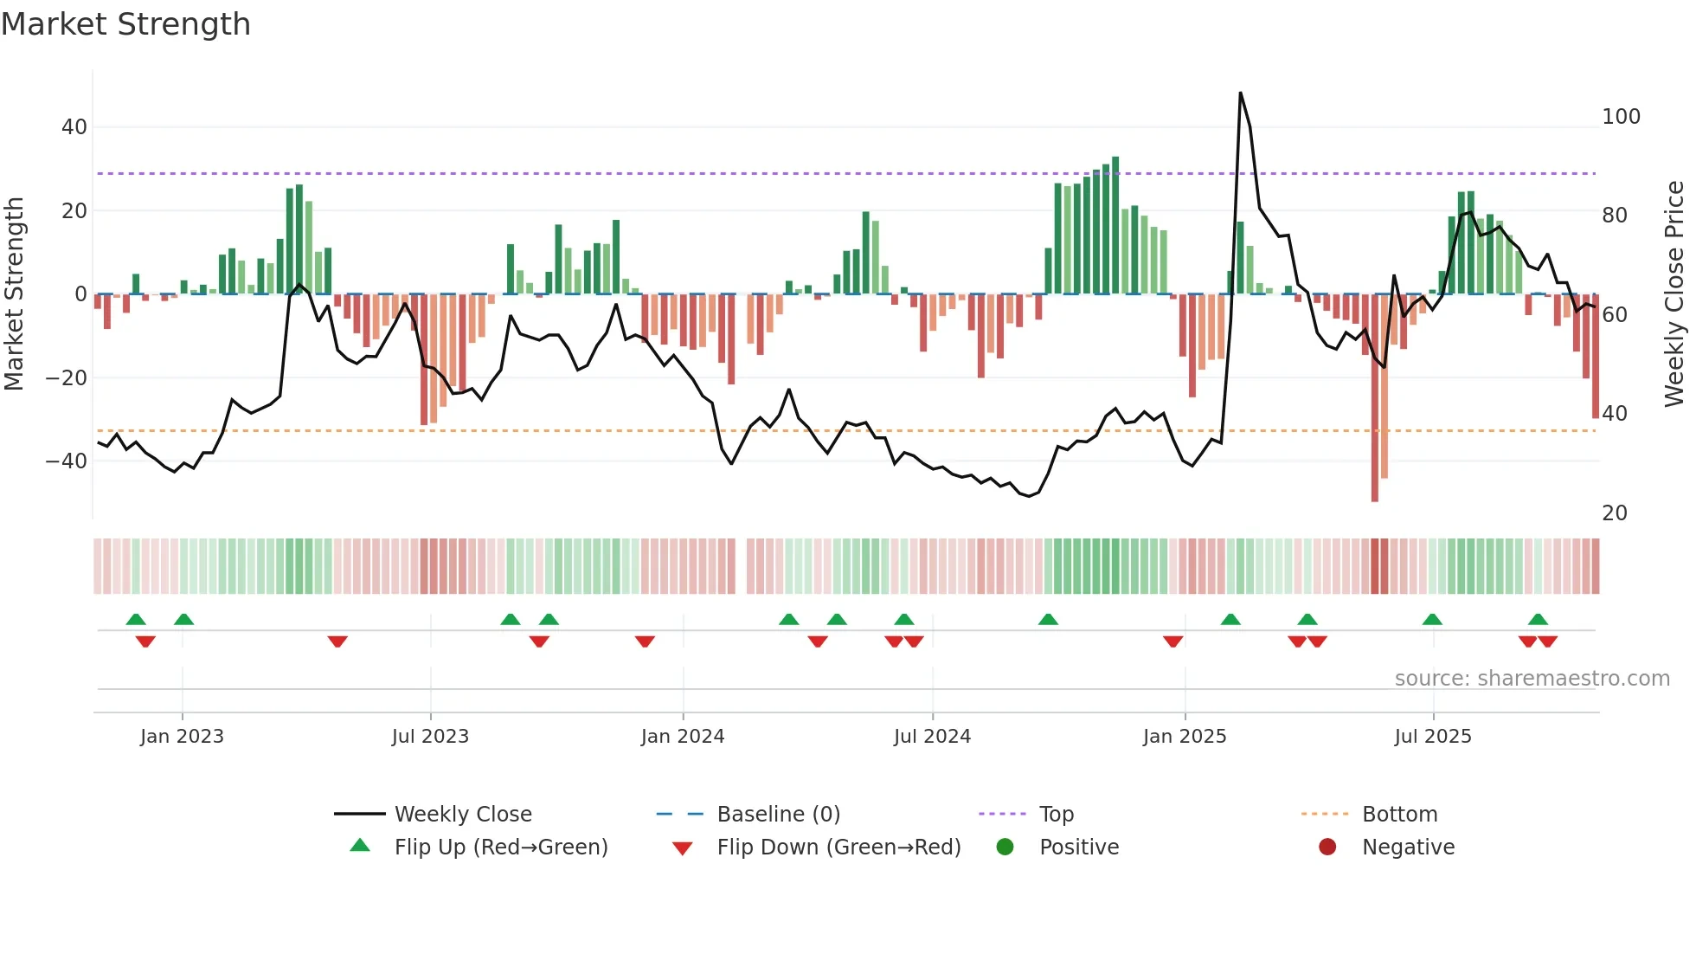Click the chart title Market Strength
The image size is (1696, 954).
pyautogui.click(x=125, y=24)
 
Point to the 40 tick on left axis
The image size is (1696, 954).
pyautogui.click(x=74, y=127)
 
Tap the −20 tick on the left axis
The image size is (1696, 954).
pyautogui.click(x=67, y=378)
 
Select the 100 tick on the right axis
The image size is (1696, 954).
pyautogui.click(x=1621, y=117)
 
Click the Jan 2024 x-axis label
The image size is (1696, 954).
pyautogui.click(x=682, y=737)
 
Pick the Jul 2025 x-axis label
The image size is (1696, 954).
pyautogui.click(x=1432, y=737)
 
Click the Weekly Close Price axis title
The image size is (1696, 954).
pyautogui.click(x=1674, y=294)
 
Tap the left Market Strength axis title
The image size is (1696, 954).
pyautogui.click(x=14, y=294)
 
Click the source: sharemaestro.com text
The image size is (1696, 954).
pyautogui.click(x=1532, y=679)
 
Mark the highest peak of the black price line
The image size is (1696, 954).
pyautogui.click(x=1240, y=93)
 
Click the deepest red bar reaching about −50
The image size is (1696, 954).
pyautogui.click(x=1374, y=398)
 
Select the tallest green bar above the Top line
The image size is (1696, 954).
pyautogui.click(x=1115, y=225)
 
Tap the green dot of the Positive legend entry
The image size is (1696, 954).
pyautogui.click(x=1005, y=847)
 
